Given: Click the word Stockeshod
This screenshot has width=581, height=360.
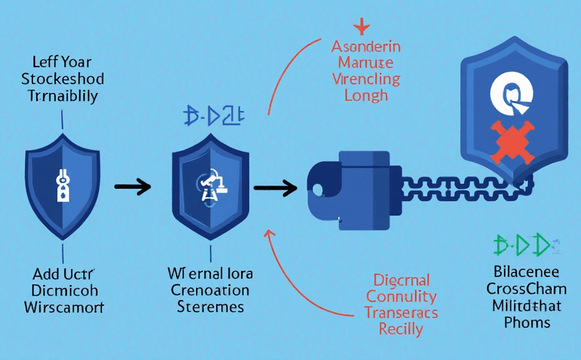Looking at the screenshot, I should (62, 79).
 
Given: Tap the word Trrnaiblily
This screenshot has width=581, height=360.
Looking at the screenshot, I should (62, 96).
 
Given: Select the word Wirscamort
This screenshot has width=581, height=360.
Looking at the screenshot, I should (64, 307).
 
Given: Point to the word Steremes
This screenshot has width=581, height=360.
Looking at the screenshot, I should (211, 307).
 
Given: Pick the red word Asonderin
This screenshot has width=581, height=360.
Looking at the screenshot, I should (366, 47).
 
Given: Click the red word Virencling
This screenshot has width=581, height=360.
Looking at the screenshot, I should (366, 79).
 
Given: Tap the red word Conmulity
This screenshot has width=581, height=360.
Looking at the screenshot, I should (401, 296).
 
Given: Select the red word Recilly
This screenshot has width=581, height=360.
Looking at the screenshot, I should (402, 328).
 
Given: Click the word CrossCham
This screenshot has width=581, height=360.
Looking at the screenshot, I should (527, 289).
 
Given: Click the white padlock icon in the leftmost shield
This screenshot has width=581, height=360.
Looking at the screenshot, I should (63, 186).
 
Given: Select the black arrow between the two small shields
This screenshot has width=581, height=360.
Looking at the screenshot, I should (133, 186).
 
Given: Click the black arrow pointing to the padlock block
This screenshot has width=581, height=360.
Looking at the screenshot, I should (276, 186).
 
